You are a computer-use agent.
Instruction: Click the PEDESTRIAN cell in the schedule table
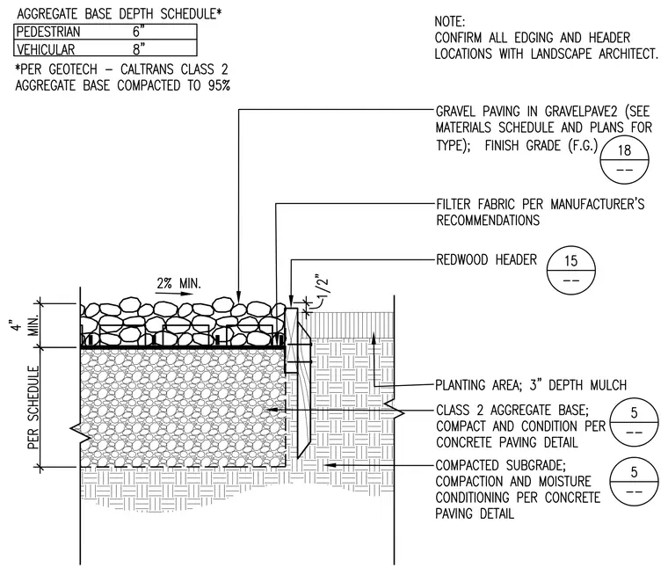pos(48,32)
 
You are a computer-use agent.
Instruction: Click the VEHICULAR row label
pos(46,49)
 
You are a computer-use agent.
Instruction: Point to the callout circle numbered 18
pos(624,160)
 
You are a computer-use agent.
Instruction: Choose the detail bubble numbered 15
pos(570,270)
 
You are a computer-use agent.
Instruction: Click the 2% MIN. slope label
pos(178,283)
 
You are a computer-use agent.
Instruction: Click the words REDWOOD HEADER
pos(487,259)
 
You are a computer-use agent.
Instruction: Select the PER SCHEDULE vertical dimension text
pos(33,407)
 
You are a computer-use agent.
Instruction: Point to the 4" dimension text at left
pos(16,324)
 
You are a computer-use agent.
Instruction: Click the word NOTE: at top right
pos(450,21)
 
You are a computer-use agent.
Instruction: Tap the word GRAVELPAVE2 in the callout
pos(581,112)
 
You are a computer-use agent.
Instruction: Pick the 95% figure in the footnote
pos(220,85)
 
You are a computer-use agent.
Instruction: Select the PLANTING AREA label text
pos(476,385)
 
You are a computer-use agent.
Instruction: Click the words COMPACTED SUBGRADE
pos(500,465)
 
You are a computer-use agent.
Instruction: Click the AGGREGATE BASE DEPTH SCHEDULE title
pos(120,14)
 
